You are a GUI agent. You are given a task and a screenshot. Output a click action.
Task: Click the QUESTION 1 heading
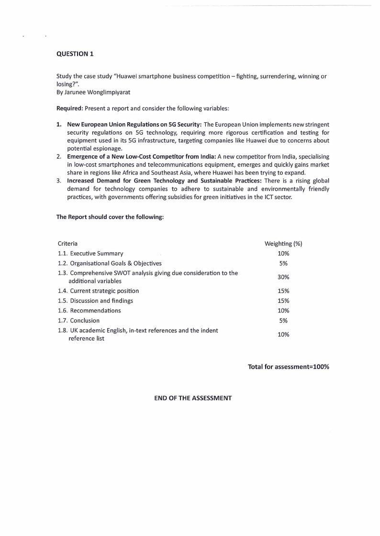point(75,54)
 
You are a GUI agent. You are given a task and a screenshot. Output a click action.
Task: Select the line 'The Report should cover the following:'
point(110,217)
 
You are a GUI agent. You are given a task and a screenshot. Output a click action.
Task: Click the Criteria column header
point(67,244)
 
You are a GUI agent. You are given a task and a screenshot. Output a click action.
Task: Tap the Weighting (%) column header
point(283,244)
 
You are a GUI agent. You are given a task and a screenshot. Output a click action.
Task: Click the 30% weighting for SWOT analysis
point(283,277)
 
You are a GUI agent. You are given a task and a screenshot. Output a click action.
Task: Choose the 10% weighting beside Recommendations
point(283,311)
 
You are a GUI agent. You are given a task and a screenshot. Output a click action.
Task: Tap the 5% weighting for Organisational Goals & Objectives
point(283,263)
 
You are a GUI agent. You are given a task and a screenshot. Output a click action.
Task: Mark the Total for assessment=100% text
point(288,367)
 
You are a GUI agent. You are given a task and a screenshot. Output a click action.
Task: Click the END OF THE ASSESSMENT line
point(193,398)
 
